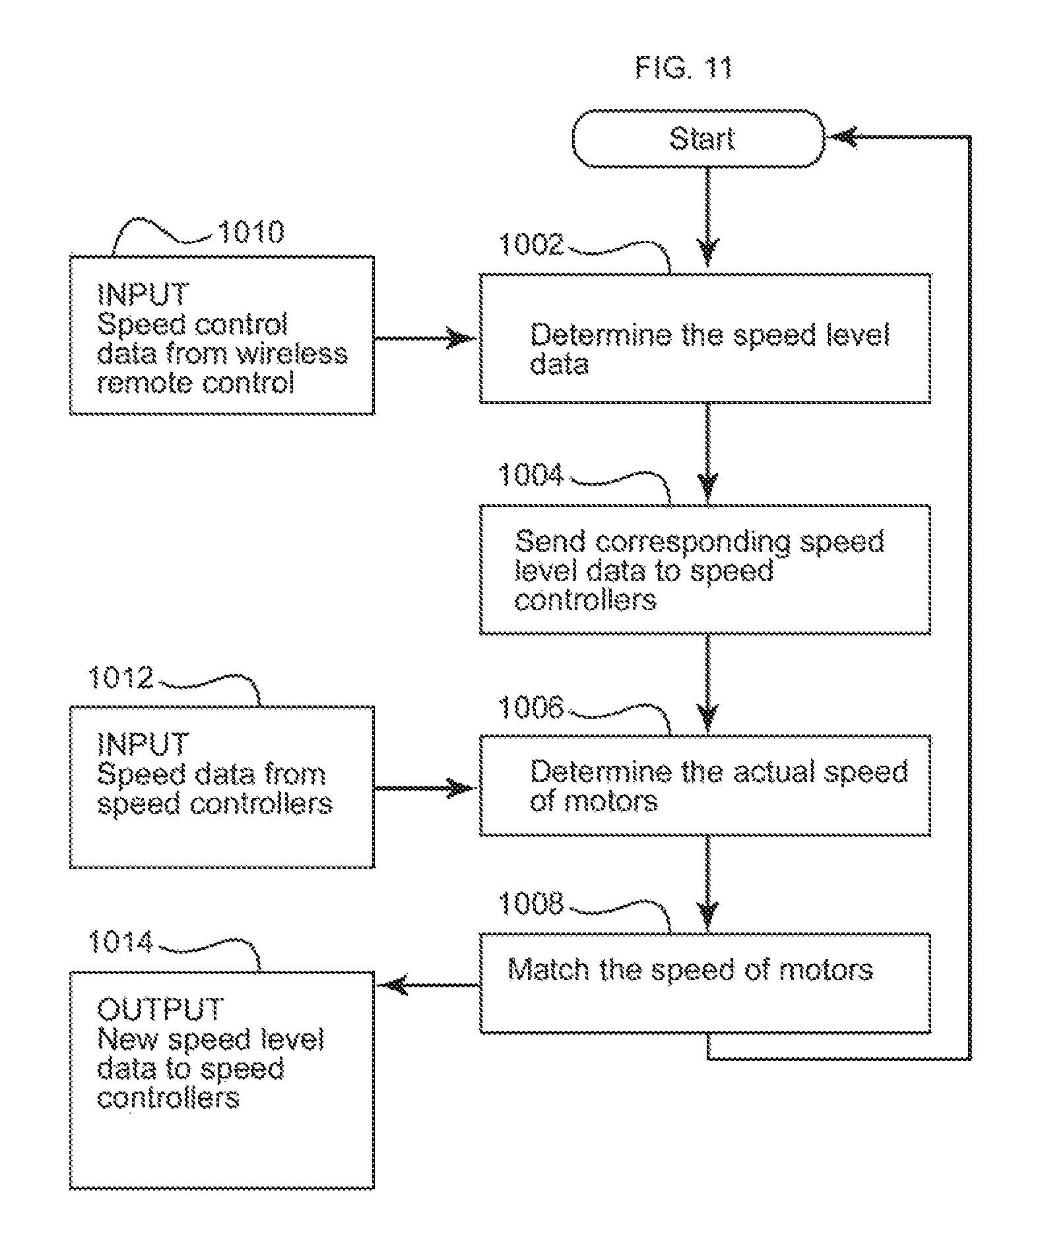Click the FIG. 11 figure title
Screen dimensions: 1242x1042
(x=683, y=68)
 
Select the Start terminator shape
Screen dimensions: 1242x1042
(x=699, y=139)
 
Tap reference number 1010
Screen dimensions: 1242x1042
(x=251, y=232)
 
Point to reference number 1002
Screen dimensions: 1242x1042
(x=532, y=245)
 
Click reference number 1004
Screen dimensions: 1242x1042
(x=531, y=475)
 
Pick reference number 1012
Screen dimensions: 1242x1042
(x=121, y=678)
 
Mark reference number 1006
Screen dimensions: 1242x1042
(x=531, y=708)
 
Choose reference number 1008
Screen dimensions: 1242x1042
(x=531, y=903)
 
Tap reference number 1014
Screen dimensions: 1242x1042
(x=121, y=942)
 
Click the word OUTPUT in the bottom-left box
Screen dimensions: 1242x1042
(x=160, y=1009)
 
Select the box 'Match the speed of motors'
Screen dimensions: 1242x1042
(x=705, y=983)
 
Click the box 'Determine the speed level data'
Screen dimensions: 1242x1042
(x=705, y=338)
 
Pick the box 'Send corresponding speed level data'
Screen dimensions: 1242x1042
(x=705, y=570)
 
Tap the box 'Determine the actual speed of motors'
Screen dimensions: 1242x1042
(x=705, y=785)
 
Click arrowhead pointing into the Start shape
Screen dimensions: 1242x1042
(x=843, y=137)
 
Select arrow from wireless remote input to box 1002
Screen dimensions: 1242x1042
(x=426, y=339)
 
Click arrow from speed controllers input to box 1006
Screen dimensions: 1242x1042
(x=426, y=788)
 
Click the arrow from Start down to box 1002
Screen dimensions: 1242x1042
(x=707, y=218)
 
